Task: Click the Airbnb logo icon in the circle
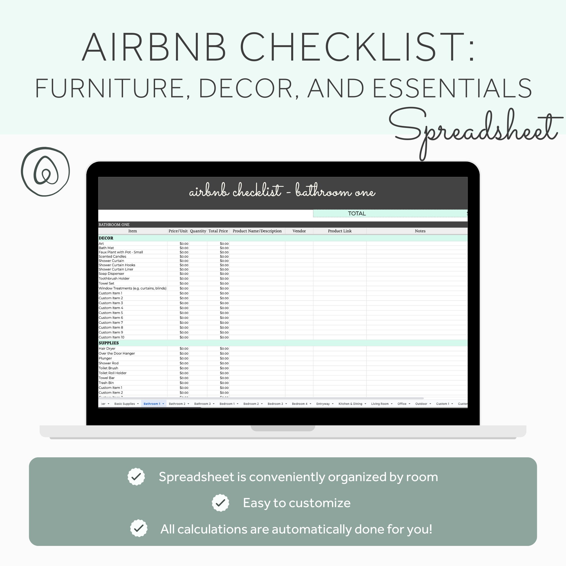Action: (45, 172)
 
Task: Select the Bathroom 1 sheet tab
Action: (152, 404)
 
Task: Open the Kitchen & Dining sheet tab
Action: (350, 404)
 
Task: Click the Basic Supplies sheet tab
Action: (125, 404)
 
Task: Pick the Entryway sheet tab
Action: (323, 404)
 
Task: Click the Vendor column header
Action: (299, 231)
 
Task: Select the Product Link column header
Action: (340, 231)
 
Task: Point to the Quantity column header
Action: (198, 231)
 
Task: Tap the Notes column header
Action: (420, 231)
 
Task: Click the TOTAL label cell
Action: (357, 214)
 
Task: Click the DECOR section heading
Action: (106, 238)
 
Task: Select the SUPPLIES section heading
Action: (109, 343)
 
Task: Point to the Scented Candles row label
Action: (113, 257)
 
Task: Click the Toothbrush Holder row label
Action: (114, 278)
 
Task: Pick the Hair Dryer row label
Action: (107, 349)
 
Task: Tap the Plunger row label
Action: (105, 358)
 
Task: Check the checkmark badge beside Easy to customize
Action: (220, 503)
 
